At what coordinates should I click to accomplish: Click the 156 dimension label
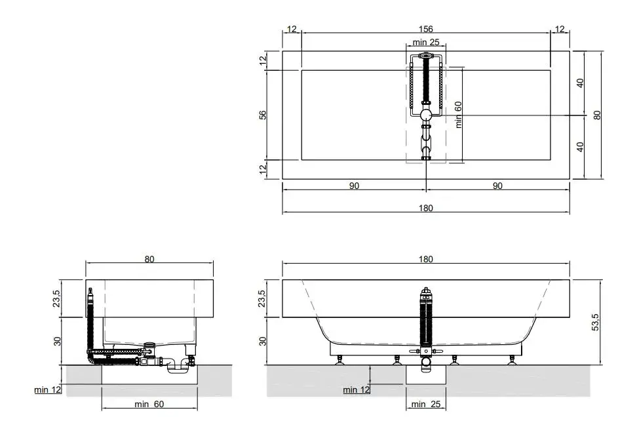[x=426, y=29]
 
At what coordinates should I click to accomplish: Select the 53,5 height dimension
[x=595, y=322]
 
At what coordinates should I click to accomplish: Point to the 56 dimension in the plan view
[x=263, y=115]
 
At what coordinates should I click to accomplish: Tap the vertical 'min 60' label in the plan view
[x=458, y=115]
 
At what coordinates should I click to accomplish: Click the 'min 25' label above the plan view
[x=426, y=42]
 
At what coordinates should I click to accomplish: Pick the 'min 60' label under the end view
[x=149, y=404]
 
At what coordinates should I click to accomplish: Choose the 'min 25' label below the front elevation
[x=426, y=404]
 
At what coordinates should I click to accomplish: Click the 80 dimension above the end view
[x=149, y=259]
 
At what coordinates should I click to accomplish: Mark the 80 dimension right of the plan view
[x=598, y=115]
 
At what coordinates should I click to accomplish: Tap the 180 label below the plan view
[x=426, y=208]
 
